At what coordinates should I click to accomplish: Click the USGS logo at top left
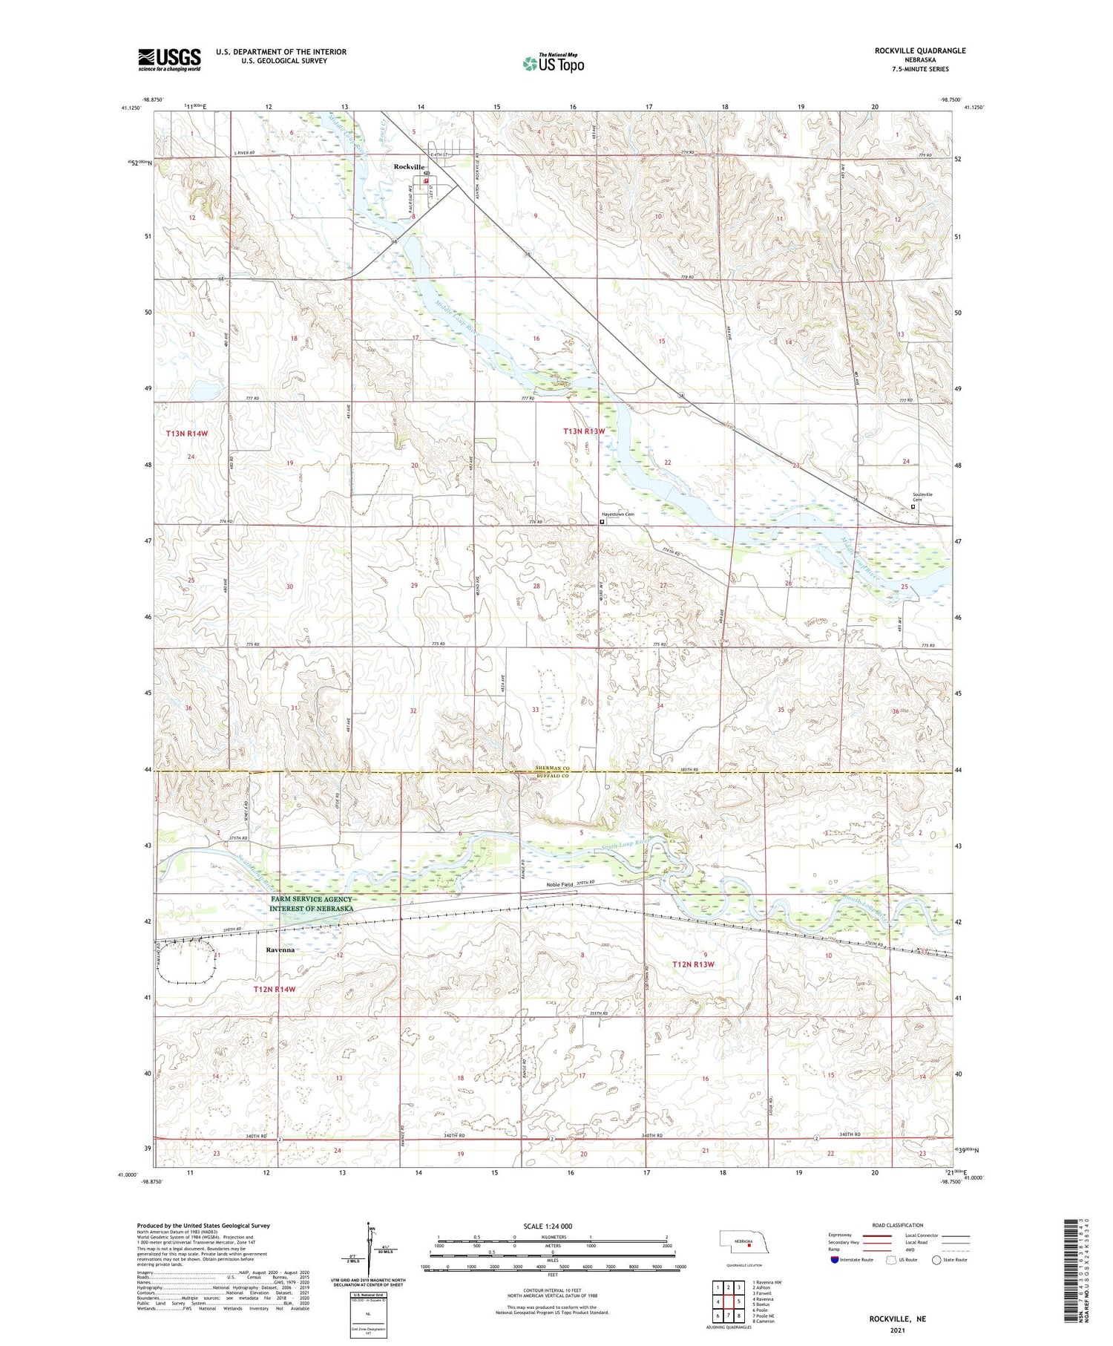click(169, 59)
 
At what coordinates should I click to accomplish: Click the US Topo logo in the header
click(553, 64)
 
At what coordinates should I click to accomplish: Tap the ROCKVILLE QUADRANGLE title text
click(920, 50)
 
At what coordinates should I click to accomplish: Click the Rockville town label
click(408, 167)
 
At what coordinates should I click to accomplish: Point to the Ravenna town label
click(280, 950)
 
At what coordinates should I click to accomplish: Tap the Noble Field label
click(560, 884)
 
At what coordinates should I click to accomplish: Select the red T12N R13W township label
click(693, 964)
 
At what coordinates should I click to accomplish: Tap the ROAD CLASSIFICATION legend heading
click(898, 1225)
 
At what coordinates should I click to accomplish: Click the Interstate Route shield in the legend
click(835, 1259)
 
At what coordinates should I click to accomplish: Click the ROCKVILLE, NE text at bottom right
click(897, 1319)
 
